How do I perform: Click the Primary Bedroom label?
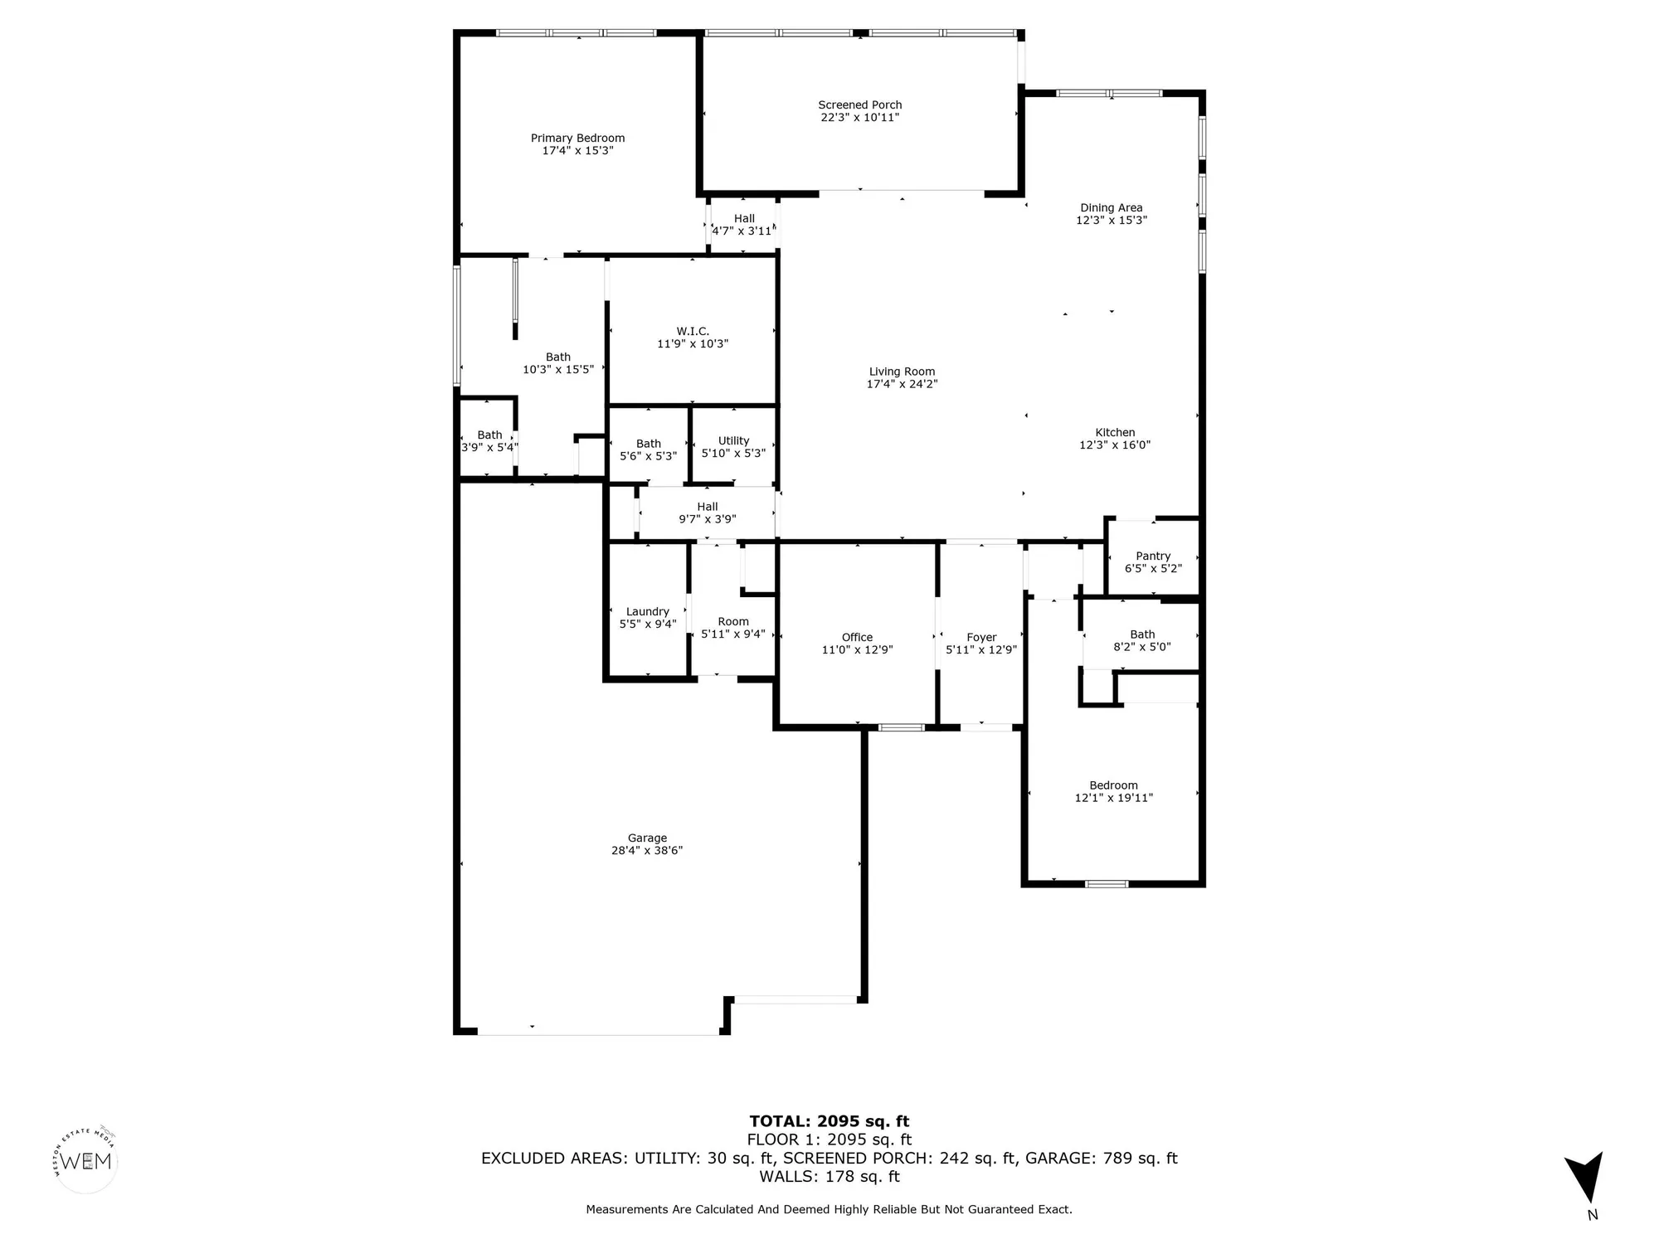577,138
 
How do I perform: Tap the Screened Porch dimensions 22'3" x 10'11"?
859,118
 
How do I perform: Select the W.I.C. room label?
693,331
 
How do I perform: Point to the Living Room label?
902,372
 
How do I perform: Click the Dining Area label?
1111,207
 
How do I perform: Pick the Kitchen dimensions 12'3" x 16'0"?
1115,445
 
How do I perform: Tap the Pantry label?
1153,556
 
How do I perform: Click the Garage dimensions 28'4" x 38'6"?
647,850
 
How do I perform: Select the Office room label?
857,637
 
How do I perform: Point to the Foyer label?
981,637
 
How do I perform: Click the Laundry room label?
647,611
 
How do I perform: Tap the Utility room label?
733,440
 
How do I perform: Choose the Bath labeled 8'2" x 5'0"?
1142,634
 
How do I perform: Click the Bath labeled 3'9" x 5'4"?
489,435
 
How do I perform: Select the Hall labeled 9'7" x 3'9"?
708,507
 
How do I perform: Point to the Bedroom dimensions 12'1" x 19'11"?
1113,798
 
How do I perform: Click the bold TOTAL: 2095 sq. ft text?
829,1122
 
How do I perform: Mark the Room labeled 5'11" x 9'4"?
733,621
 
